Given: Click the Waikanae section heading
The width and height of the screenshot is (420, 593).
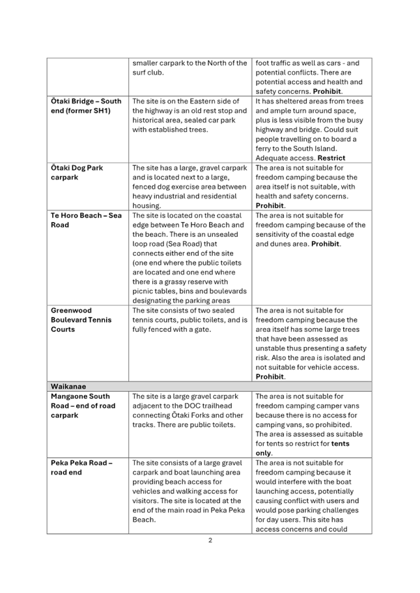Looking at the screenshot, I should point(68,387).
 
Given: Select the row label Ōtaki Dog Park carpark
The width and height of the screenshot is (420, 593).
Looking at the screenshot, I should point(77,172).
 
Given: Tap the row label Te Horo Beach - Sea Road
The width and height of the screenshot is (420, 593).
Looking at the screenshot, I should point(86,220).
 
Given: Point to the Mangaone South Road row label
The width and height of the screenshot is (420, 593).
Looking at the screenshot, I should point(83,406).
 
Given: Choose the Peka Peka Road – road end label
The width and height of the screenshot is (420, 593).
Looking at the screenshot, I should point(81,467).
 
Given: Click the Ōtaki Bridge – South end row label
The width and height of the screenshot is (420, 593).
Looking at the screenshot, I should point(86,106).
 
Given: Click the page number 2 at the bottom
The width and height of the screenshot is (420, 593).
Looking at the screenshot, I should point(210,540).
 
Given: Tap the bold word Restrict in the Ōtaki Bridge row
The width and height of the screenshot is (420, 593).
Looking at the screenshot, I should point(332,158).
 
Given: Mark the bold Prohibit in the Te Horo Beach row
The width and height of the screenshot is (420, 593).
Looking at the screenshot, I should point(344,244).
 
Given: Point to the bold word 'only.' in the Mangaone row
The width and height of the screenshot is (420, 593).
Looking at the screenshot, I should point(264,453).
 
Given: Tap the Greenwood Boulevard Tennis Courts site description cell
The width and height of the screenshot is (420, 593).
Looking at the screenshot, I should point(189,320).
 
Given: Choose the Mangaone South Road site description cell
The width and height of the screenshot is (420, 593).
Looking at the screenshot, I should point(189,410).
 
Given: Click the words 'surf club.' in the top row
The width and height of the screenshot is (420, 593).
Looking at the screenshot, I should point(148,72).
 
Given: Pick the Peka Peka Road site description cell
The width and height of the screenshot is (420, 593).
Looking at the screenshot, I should point(189,491).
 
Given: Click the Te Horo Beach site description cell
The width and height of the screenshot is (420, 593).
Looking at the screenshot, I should point(189,258).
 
